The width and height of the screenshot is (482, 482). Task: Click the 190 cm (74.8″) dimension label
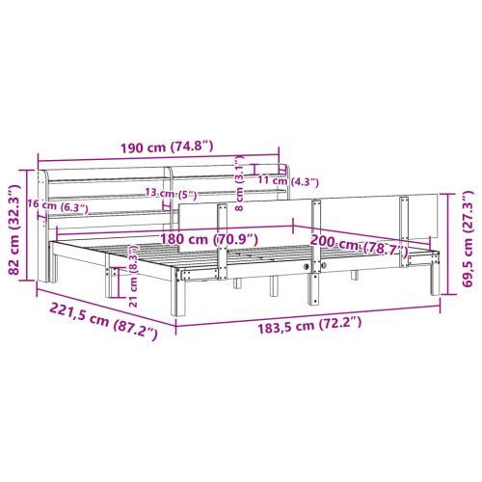click(x=167, y=147)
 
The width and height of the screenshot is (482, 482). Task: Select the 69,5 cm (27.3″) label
click(x=467, y=238)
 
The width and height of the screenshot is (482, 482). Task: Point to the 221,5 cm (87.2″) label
click(x=103, y=322)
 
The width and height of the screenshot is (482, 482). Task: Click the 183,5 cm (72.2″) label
click(x=309, y=324)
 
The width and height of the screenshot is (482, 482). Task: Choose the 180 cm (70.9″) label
click(x=209, y=239)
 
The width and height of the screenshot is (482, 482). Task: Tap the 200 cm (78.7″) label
click(x=359, y=245)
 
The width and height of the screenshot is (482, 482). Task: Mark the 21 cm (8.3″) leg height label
click(x=134, y=276)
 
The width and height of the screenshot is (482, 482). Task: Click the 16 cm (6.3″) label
click(x=58, y=205)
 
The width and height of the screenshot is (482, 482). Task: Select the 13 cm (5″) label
click(x=171, y=194)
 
